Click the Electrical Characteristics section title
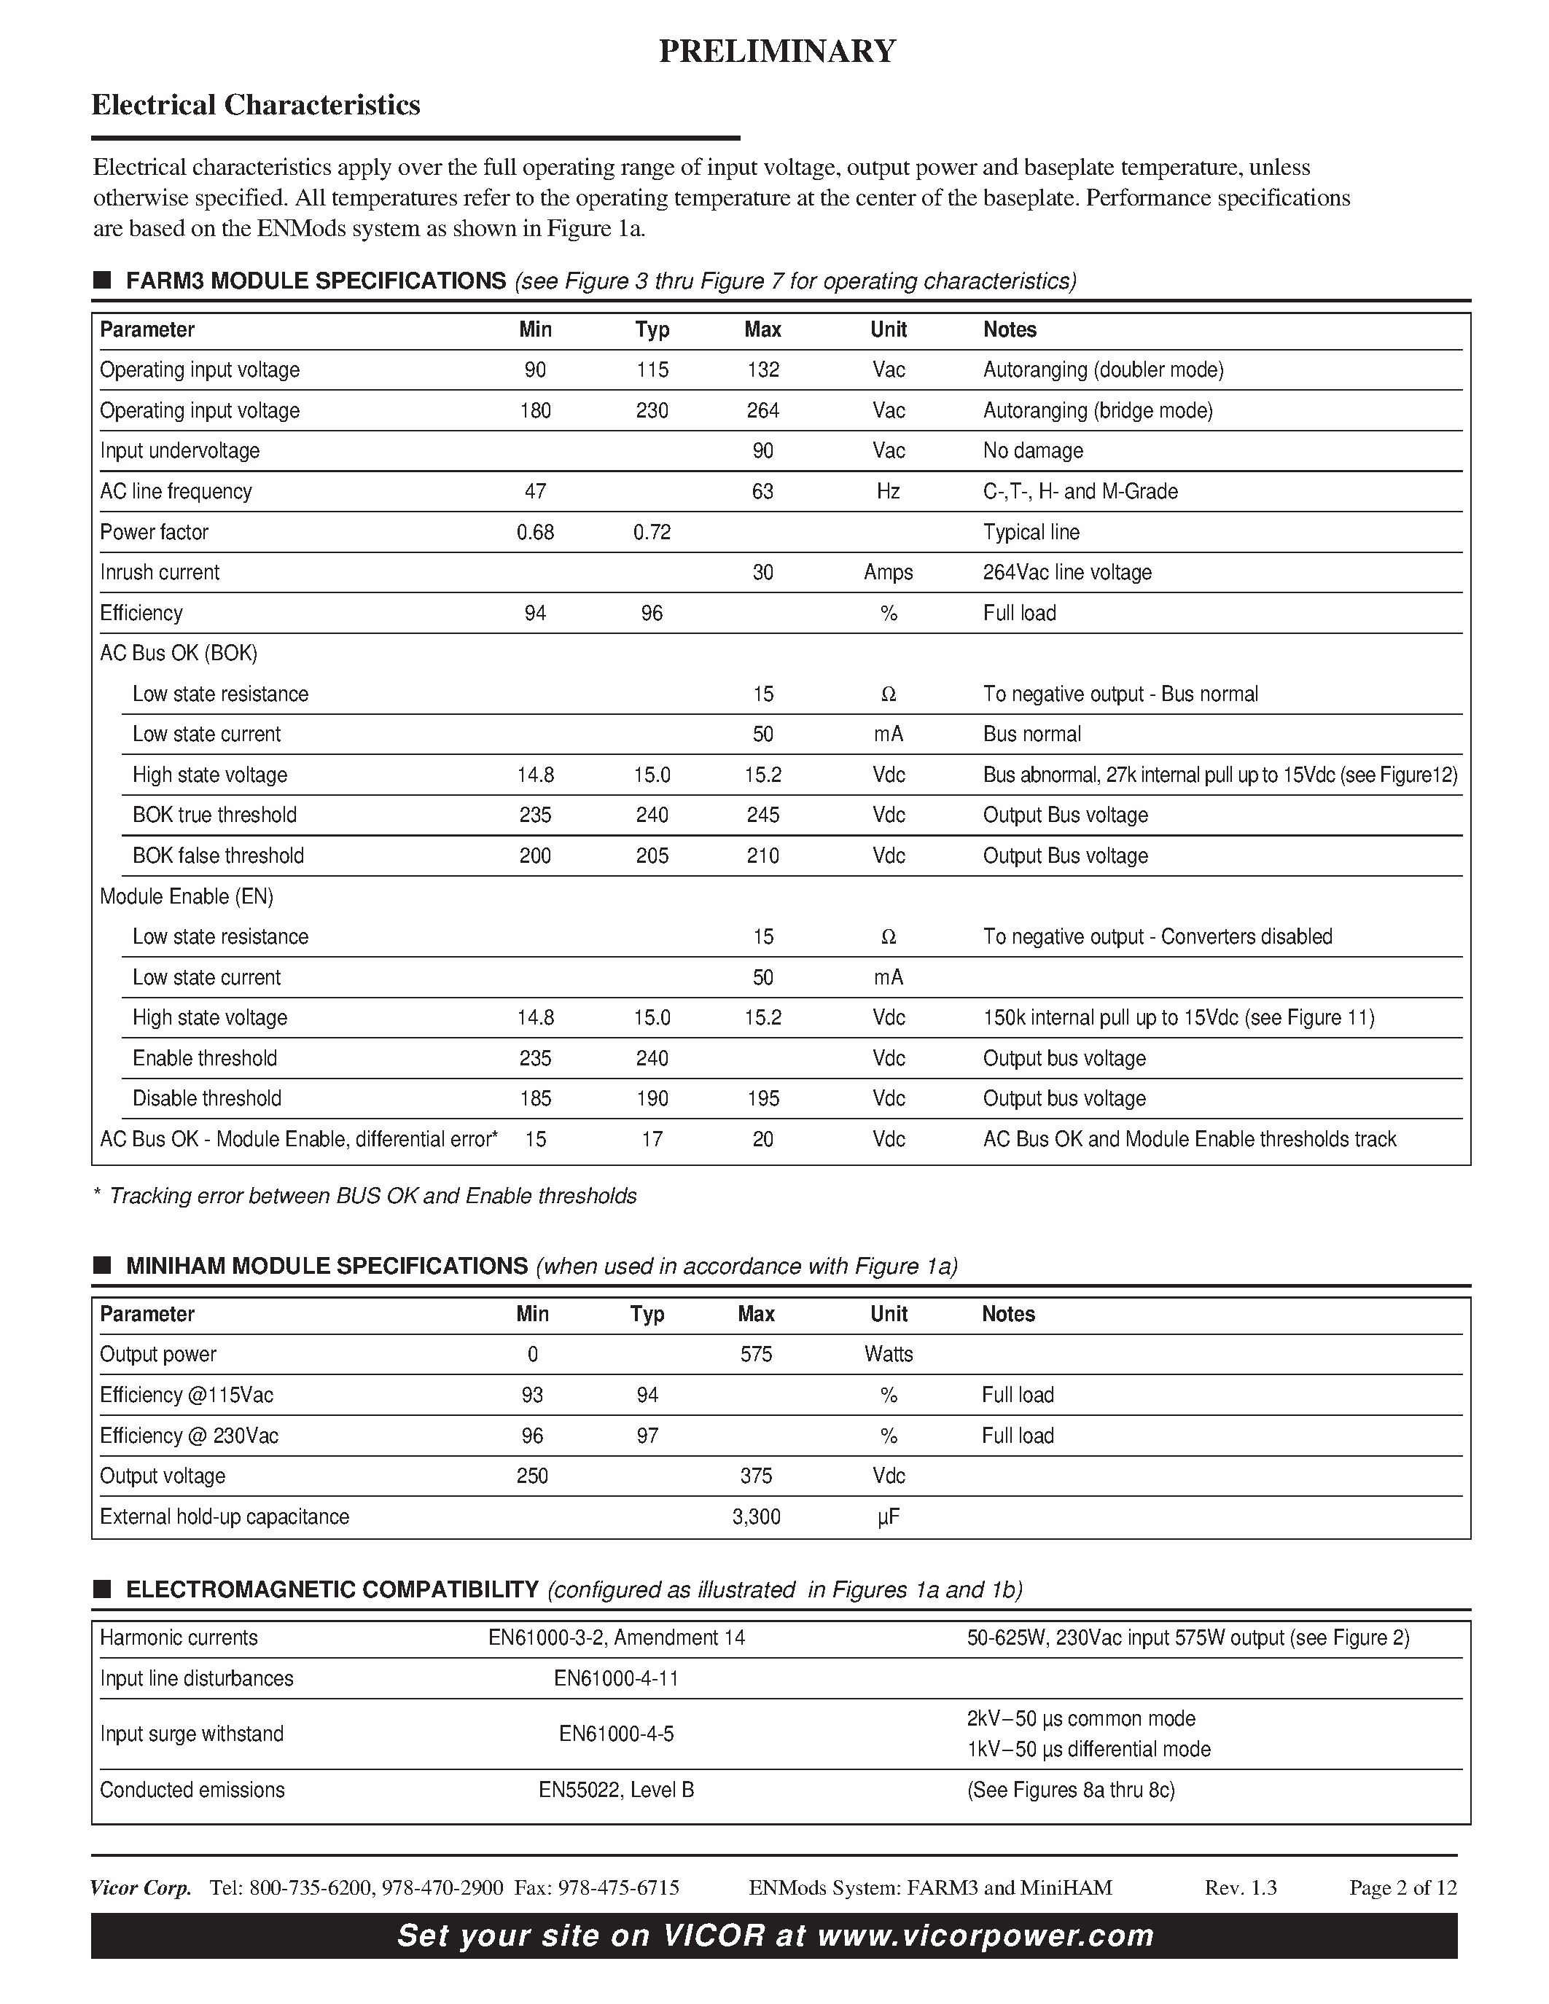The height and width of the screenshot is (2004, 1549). (x=255, y=105)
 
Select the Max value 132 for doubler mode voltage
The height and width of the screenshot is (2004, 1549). (x=762, y=369)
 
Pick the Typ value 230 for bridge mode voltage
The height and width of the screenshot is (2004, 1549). (x=652, y=410)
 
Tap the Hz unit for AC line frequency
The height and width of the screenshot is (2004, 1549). (x=887, y=491)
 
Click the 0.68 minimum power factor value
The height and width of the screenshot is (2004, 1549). (x=535, y=532)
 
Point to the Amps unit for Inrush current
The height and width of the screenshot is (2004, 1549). (x=887, y=573)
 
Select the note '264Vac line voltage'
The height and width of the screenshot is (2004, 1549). (x=1066, y=573)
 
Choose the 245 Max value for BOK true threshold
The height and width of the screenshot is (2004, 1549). (x=762, y=815)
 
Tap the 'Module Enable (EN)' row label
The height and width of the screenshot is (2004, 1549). (x=187, y=896)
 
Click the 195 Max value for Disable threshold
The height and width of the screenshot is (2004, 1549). (x=762, y=1098)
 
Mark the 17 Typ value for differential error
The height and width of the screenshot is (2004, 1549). (x=652, y=1139)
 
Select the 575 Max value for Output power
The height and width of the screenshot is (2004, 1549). (x=756, y=1355)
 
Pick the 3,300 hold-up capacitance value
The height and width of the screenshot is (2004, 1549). (x=756, y=1516)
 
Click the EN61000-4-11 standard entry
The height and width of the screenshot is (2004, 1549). (x=616, y=1678)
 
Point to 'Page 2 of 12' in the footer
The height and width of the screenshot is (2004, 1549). (x=1402, y=1887)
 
